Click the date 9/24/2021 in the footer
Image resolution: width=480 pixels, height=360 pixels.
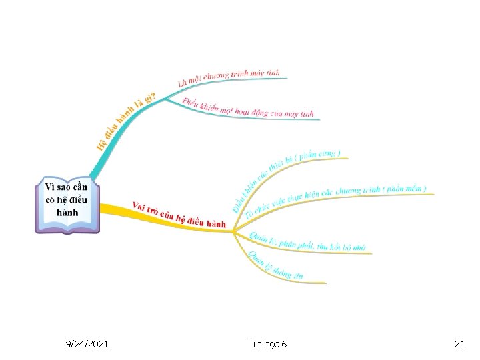88,344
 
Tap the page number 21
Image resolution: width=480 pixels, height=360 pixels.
459,344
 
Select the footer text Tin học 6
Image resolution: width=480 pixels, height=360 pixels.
267,344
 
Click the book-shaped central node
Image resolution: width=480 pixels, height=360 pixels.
67,204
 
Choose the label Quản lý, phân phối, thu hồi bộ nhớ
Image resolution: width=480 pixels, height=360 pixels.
307,243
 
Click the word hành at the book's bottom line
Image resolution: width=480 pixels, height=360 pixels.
67,213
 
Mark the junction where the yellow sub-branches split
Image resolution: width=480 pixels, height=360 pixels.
233,231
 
